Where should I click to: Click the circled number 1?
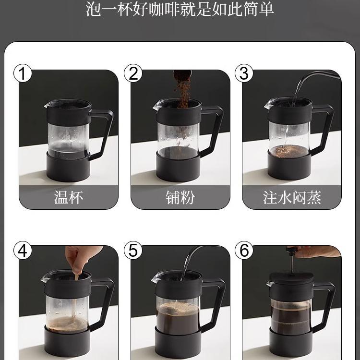click(x=23, y=73)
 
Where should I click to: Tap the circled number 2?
click(x=133, y=73)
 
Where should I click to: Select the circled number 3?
click(x=244, y=73)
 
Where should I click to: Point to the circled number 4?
click(x=23, y=250)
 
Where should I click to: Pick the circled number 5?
click(x=133, y=250)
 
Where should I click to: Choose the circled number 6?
click(x=244, y=250)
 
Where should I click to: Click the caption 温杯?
click(x=69, y=197)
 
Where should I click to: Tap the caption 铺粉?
click(x=180, y=197)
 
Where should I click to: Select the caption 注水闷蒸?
click(x=292, y=197)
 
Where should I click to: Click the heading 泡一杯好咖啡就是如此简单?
click(x=180, y=9)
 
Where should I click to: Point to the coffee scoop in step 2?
click(x=182, y=75)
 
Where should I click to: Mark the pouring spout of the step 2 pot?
click(x=156, y=106)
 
